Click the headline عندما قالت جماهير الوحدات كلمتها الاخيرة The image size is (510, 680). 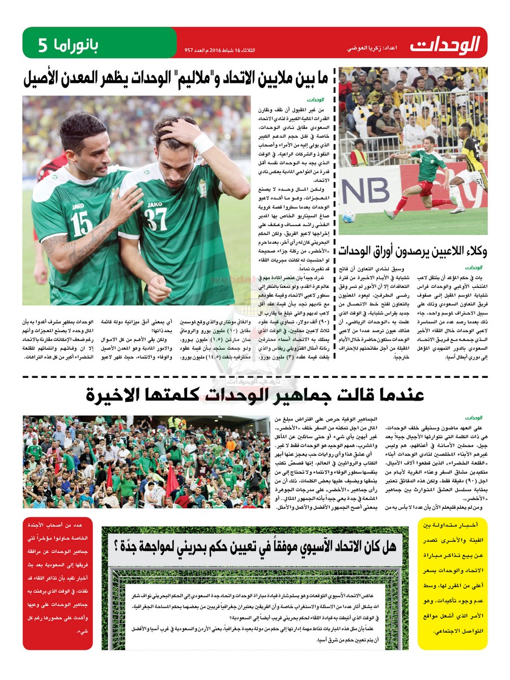(255, 396)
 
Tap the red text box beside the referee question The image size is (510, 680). (58, 587)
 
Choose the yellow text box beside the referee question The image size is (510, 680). (452, 587)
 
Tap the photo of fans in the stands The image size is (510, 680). (146, 461)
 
